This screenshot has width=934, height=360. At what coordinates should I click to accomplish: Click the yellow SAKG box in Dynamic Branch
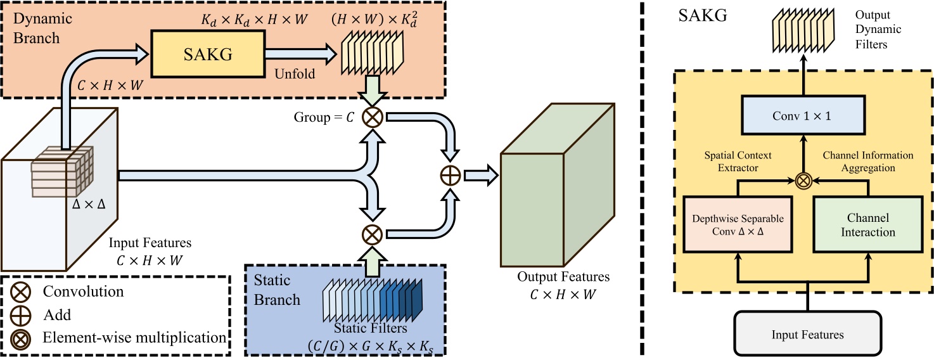(207, 55)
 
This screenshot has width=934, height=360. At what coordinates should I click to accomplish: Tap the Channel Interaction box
(867, 225)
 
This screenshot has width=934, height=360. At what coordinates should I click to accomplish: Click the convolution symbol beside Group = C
(371, 119)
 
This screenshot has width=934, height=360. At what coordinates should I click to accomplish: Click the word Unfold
(295, 74)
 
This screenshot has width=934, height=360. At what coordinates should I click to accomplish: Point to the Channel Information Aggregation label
(867, 161)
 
